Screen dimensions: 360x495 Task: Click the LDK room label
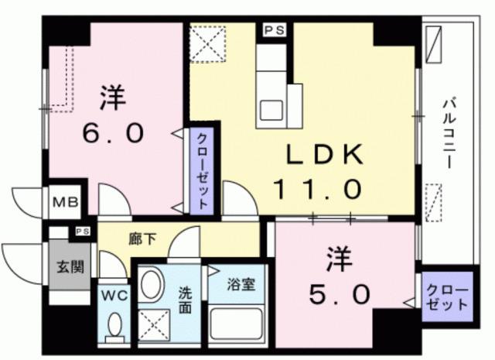(326, 154)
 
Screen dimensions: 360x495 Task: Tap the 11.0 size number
(317, 188)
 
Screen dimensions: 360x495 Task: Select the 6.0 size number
(114, 133)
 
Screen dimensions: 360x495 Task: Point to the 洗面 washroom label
(186, 299)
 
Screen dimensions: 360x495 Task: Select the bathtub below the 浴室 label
(236, 325)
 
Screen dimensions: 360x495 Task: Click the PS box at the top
(272, 30)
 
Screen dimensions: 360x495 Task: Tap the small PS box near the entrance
(82, 231)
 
